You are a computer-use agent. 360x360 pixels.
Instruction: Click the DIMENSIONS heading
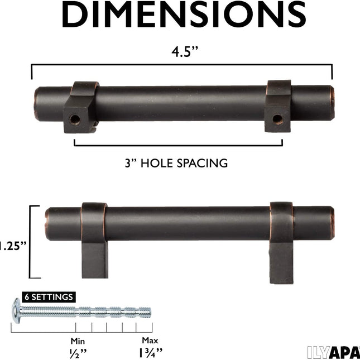click(x=184, y=15)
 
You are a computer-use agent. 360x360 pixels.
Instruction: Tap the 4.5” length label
click(x=184, y=51)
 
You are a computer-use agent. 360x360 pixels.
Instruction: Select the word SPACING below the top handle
click(x=202, y=163)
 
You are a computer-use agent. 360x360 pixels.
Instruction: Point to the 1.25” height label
click(x=13, y=246)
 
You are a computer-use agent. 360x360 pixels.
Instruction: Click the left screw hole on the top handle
click(x=75, y=119)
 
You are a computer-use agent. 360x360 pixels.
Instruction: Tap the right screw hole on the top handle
click(x=277, y=119)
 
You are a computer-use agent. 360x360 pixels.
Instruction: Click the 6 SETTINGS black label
click(x=49, y=297)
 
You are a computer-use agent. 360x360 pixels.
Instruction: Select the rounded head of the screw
click(x=17, y=311)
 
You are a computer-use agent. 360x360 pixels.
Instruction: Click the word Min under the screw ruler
click(x=78, y=341)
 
